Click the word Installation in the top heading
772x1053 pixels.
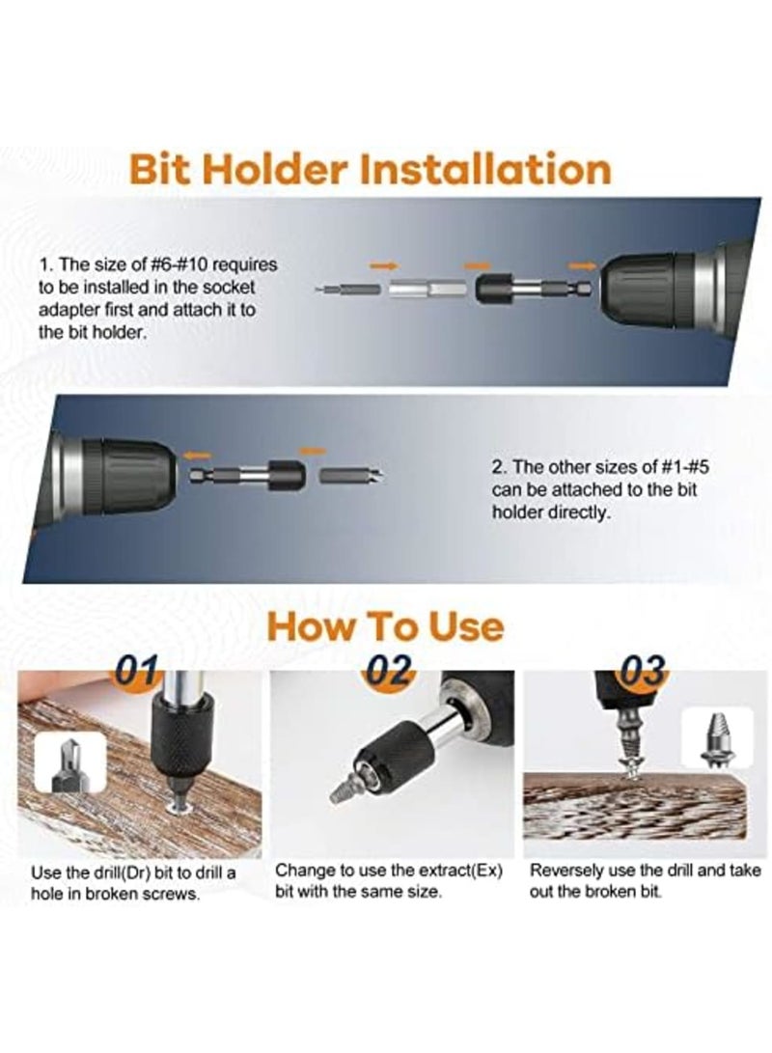click(485, 168)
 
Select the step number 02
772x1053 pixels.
click(393, 668)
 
